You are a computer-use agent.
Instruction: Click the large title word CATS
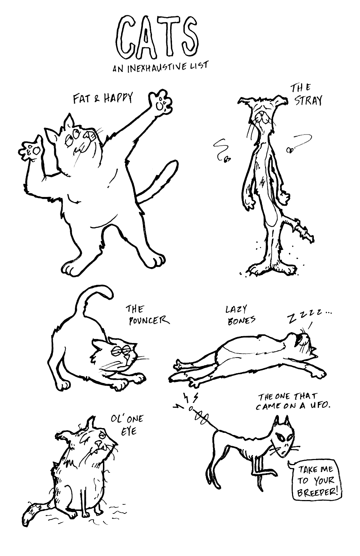click(157, 36)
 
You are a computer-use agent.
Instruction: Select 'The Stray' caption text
click(307, 95)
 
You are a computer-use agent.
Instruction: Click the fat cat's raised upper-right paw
click(160, 102)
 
